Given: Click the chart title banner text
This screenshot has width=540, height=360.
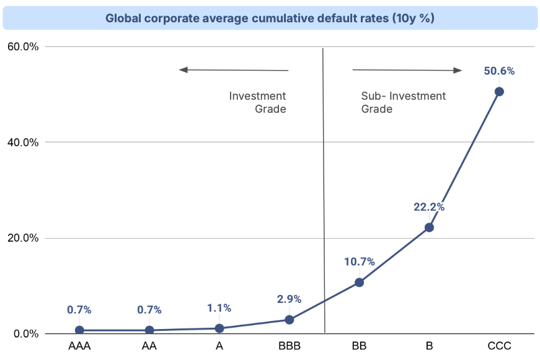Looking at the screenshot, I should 270,18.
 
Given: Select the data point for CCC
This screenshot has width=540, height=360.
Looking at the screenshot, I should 499,92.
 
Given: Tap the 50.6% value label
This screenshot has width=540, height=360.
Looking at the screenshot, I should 499,71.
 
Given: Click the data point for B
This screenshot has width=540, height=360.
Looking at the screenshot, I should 429,227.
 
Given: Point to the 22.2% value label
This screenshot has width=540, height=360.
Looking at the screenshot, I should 429,207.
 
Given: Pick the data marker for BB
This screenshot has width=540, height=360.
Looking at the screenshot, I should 359,283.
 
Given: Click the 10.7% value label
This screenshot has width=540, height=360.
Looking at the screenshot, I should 359,261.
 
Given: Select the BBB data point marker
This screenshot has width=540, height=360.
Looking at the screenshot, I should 289,320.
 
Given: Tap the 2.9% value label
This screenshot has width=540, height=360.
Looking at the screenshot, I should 289,299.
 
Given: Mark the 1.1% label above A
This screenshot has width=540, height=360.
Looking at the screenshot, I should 219,308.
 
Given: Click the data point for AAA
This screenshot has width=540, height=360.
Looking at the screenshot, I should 79,330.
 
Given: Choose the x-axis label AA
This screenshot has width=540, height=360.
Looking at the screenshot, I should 149,346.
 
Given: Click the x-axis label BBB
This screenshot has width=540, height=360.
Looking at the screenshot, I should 289,346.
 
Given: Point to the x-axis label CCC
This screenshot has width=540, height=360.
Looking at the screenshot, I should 499,346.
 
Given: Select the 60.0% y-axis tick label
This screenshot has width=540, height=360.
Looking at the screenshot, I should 23,46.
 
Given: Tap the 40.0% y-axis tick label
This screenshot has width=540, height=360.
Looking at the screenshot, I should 23,142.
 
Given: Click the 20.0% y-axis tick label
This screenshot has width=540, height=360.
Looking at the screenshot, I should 23,238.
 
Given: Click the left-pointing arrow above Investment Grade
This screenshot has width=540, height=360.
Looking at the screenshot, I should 234,70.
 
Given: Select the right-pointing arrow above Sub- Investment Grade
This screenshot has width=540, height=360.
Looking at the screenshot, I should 408,70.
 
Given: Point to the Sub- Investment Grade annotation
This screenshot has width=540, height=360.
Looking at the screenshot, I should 403,102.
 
